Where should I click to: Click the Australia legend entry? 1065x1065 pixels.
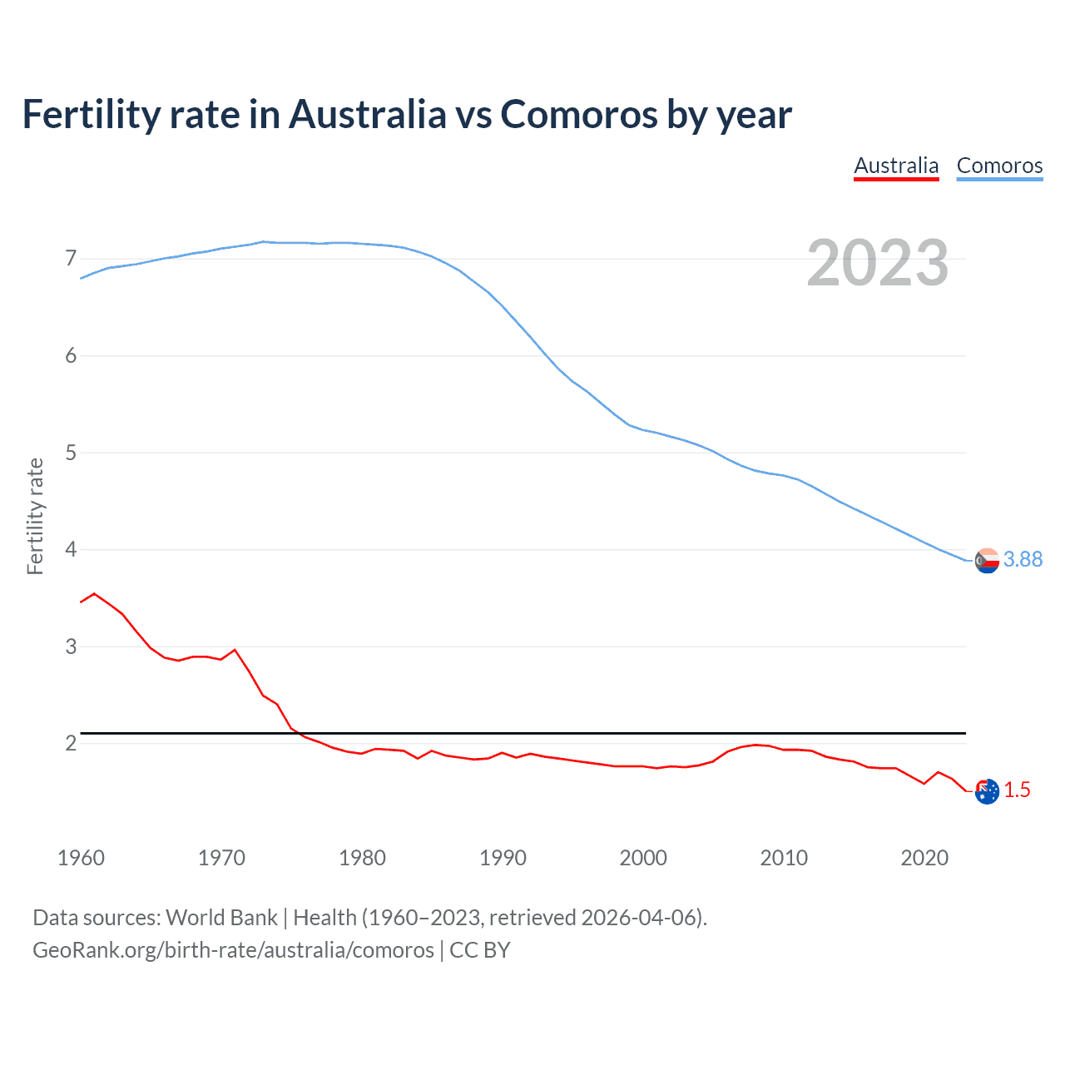pos(896,166)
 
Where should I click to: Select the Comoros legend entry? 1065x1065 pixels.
pos(999,166)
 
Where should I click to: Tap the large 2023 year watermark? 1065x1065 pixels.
pos(877,263)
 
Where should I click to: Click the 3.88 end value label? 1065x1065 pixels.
pos(1023,560)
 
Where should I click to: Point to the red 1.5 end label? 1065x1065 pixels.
pos(1017,790)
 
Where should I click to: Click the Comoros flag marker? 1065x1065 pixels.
pos(987,561)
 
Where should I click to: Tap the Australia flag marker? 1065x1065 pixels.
pos(987,791)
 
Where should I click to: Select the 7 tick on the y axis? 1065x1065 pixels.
pos(71,259)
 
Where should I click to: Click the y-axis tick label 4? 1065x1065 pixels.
pos(71,550)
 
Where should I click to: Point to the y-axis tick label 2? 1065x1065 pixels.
pos(71,744)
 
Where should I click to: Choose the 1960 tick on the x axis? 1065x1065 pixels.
pos(81,858)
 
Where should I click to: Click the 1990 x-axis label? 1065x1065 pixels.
pos(503,858)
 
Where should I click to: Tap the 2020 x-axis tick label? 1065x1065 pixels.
pos(924,858)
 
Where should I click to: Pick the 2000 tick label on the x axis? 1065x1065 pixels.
pos(643,858)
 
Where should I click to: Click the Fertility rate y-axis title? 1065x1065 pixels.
pos(35,516)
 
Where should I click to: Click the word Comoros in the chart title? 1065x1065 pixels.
pos(579,114)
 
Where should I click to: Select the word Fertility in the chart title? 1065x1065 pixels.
pos(90,114)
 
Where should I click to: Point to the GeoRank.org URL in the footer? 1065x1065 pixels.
pos(233,950)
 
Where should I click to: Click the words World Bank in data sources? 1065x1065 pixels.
pos(221,918)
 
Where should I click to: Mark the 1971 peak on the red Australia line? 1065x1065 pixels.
pos(235,650)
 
